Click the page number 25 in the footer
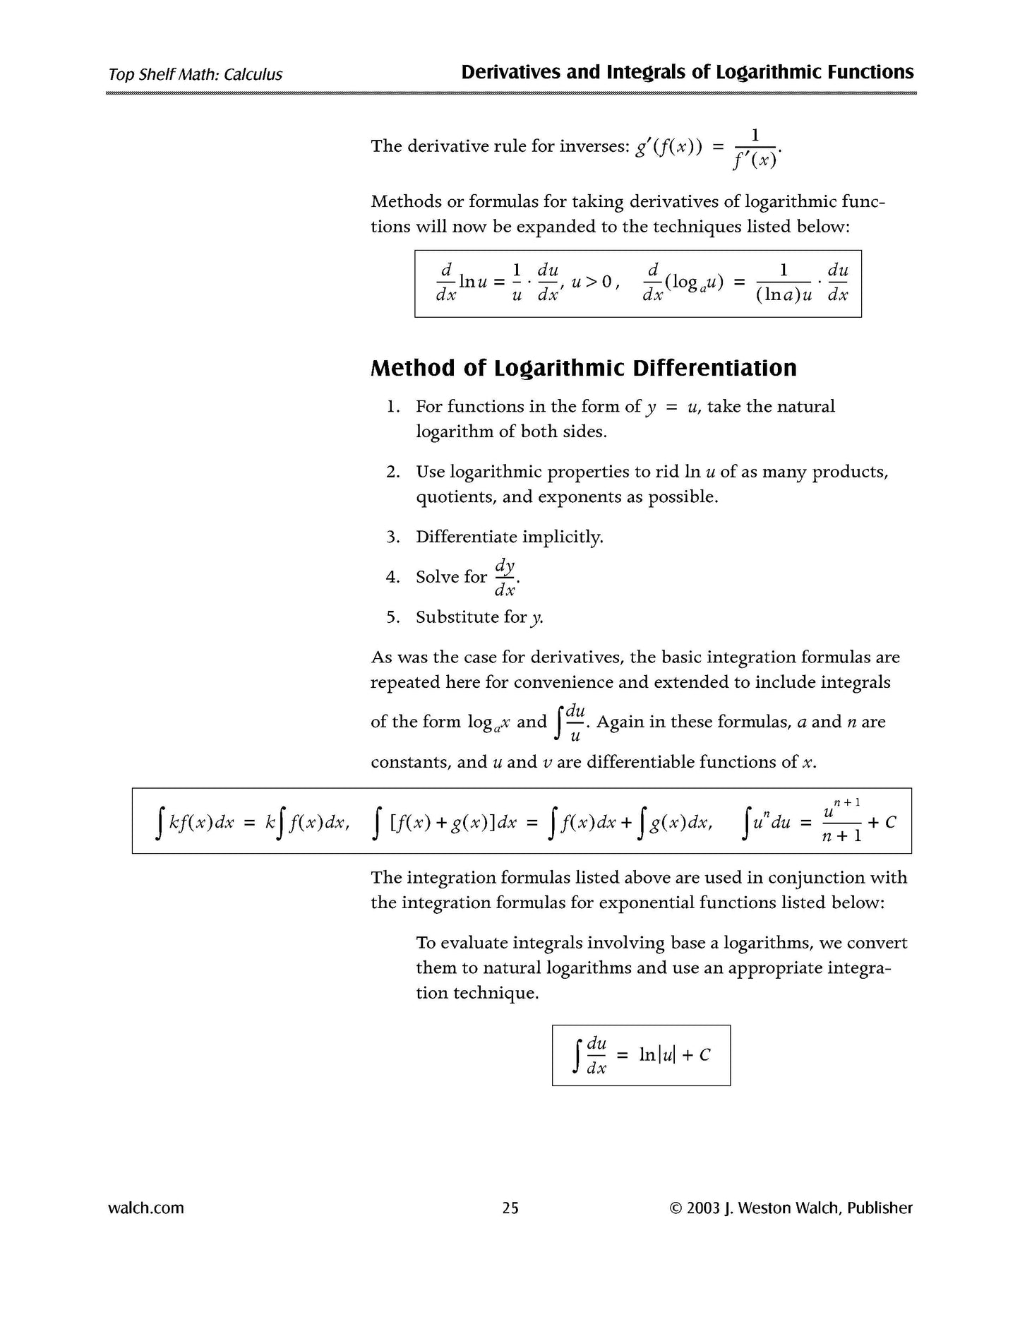click(x=510, y=1208)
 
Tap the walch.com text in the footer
click(x=146, y=1208)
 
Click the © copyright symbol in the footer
click(x=675, y=1208)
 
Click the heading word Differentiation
click(x=714, y=368)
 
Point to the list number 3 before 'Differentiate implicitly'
click(x=392, y=537)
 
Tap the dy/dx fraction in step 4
click(x=505, y=578)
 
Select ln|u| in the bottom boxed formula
click(x=656, y=1055)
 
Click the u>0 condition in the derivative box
click(x=591, y=282)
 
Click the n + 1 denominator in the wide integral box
click(x=842, y=835)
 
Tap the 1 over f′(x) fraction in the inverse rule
click(x=755, y=148)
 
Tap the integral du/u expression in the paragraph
click(x=572, y=722)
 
